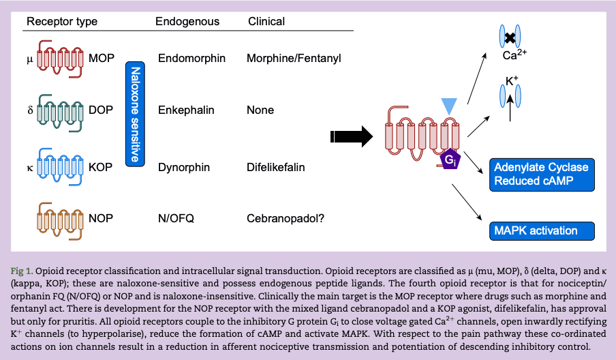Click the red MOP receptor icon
coord(61,59)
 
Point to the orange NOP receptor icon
coord(61,219)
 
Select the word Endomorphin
coord(191,59)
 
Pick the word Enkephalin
coord(186,110)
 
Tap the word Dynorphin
coord(184,167)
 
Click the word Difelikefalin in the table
coord(275,167)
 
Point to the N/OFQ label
coord(176,219)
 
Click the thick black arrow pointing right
coord(351,136)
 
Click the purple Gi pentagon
coord(450,162)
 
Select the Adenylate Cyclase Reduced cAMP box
coord(541,175)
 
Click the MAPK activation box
coord(541,230)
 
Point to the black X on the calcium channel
coord(510,37)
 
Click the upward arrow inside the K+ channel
coord(511,108)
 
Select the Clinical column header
coord(266,21)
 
